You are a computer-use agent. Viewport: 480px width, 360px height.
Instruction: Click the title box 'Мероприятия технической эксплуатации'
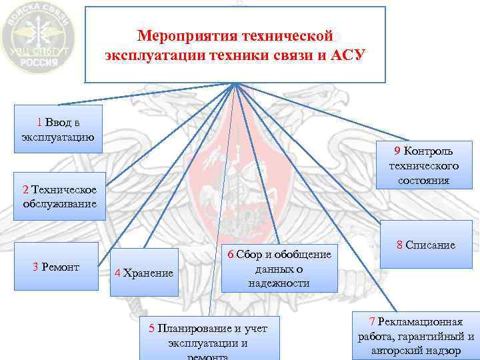click(x=235, y=45)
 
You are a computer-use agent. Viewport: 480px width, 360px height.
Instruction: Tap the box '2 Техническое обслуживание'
click(x=59, y=197)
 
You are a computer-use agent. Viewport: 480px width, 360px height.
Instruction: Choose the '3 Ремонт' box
click(x=57, y=267)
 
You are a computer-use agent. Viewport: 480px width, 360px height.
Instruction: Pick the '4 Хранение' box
click(x=144, y=272)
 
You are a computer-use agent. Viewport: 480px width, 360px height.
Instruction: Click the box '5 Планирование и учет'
click(x=208, y=337)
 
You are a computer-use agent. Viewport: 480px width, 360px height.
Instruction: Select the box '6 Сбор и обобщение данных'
click(x=279, y=269)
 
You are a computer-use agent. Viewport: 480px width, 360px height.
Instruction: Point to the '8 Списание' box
click(x=425, y=245)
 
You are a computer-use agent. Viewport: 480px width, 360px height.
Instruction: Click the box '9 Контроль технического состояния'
click(x=424, y=165)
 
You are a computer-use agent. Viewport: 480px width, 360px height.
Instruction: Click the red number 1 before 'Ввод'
click(x=40, y=122)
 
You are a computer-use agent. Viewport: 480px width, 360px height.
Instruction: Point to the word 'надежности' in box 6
click(x=279, y=283)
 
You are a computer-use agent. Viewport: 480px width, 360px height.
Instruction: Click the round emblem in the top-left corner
click(x=38, y=37)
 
